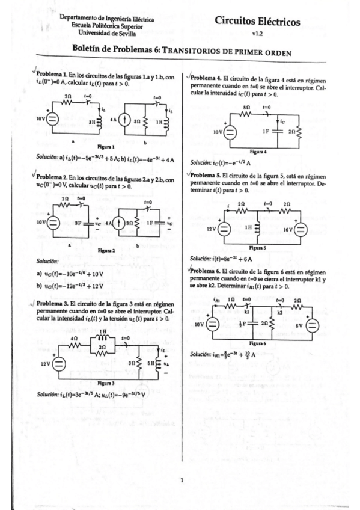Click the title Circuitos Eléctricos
[258, 22]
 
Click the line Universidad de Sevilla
[107, 32]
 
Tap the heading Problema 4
[206, 79]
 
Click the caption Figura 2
[105, 248]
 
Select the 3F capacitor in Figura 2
[78, 223]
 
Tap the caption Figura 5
[257, 247]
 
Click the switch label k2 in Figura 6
[279, 312]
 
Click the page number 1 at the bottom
[181, 479]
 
